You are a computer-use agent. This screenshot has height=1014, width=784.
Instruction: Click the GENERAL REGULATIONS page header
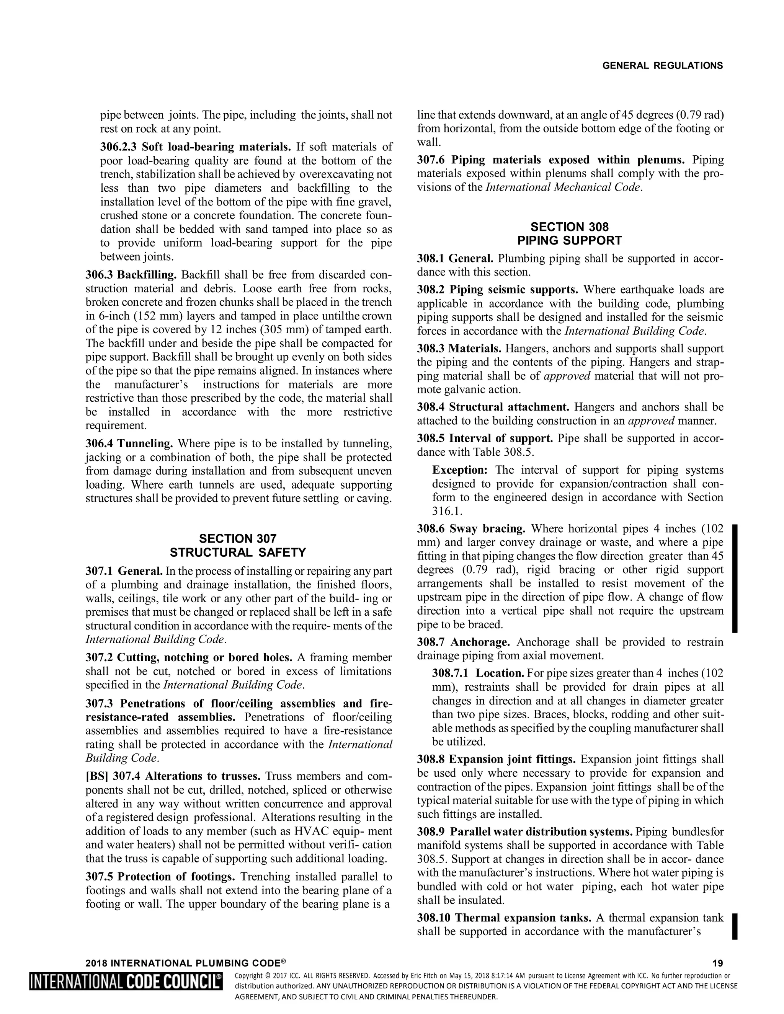(x=662, y=65)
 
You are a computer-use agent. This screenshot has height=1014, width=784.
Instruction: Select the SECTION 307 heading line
(x=237, y=539)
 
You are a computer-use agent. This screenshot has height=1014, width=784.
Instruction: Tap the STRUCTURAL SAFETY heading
(x=237, y=553)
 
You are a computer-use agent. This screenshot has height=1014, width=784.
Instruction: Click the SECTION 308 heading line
(x=569, y=227)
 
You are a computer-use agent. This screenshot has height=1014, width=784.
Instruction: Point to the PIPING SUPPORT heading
(x=569, y=241)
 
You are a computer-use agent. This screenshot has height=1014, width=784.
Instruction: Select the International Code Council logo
(x=126, y=981)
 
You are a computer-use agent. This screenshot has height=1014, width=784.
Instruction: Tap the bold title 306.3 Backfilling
(x=131, y=275)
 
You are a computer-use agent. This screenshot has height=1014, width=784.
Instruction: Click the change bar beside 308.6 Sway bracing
(x=735, y=578)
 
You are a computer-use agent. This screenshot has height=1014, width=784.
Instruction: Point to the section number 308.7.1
(x=451, y=673)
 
